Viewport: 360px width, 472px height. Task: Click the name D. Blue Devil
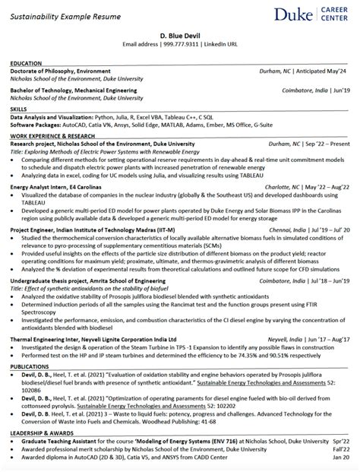[180, 36]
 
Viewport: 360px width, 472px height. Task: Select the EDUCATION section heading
[27, 64]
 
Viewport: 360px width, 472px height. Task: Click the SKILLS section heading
[20, 109]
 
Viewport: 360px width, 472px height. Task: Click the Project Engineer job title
[35, 226]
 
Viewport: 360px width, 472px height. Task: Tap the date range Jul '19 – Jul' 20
[329, 226]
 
